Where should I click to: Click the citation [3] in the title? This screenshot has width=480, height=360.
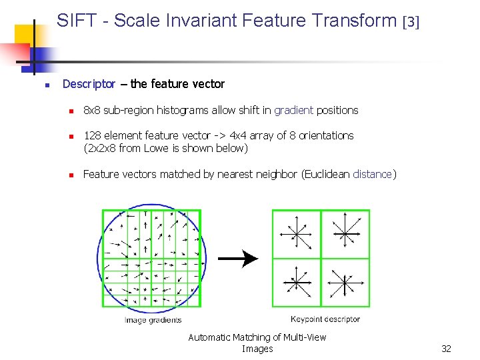[411, 22]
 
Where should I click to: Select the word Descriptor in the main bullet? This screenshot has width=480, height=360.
[89, 84]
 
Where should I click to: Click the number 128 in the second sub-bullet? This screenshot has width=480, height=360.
[91, 135]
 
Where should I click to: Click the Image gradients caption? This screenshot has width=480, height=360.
[153, 320]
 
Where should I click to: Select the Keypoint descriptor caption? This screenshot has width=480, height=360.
[325, 319]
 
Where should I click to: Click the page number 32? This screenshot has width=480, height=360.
[446, 349]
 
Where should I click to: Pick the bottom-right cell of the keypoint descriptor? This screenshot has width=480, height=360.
[345, 283]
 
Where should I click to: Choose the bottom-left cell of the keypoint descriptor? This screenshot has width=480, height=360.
[297, 283]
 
